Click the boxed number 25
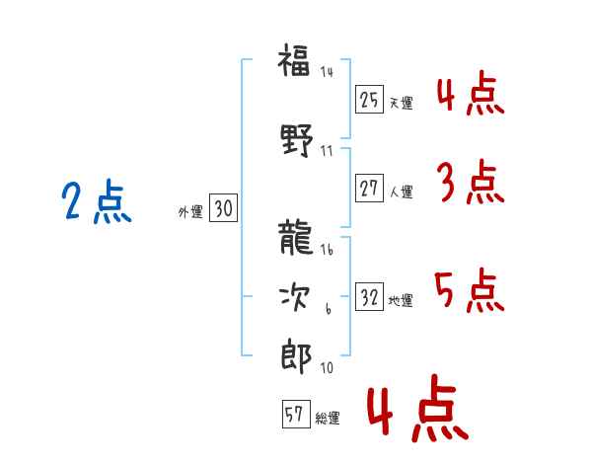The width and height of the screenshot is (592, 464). (x=370, y=100)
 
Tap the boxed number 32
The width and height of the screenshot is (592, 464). (x=370, y=297)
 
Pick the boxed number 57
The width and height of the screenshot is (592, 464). (x=295, y=415)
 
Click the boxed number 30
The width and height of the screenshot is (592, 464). (x=223, y=208)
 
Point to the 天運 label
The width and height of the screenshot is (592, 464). (x=401, y=103)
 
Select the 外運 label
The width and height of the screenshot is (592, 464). (x=190, y=211)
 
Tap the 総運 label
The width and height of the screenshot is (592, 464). (x=328, y=418)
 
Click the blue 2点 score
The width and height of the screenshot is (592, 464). (x=97, y=203)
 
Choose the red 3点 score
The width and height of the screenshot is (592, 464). (x=470, y=182)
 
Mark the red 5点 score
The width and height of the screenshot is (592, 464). (x=470, y=290)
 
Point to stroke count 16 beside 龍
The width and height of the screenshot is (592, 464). (x=327, y=252)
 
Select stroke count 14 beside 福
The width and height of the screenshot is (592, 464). (x=327, y=72)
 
